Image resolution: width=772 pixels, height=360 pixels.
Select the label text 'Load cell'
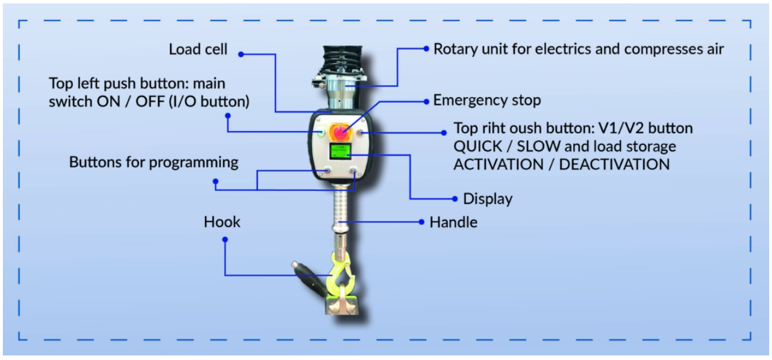198,49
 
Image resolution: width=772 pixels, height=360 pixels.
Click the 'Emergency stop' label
487,101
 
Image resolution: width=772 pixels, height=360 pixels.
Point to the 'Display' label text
487,199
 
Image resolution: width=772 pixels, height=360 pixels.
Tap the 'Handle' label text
453,221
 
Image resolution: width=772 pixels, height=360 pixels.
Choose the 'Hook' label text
222,221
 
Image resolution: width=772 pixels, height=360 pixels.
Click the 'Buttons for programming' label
153,162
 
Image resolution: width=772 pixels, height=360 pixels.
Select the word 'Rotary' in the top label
453,49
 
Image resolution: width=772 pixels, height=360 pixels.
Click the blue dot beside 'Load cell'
241,55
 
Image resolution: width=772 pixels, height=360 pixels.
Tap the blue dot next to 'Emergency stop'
426,101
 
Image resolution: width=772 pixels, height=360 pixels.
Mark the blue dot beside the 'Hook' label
225,240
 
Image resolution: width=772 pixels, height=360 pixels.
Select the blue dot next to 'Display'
455,199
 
